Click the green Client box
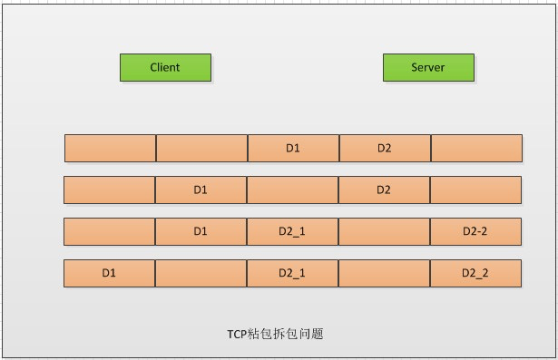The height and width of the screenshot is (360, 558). coord(165,67)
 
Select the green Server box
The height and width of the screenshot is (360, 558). coord(427,67)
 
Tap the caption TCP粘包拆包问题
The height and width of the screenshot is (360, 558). coord(275,334)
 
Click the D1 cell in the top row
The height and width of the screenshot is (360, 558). coord(293,148)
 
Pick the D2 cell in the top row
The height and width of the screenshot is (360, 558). coord(385,148)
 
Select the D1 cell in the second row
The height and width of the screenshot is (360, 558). coord(201,190)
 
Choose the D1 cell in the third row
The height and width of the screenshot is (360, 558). coord(201,231)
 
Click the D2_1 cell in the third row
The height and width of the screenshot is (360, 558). coord(293,231)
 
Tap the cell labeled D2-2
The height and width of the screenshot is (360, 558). coord(475,231)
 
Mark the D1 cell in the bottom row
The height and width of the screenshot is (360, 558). coord(110,273)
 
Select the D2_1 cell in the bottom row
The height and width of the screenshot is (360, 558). coord(293,273)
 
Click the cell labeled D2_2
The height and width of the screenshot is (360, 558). coord(475,273)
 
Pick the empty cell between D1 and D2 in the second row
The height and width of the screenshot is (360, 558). coord(293,190)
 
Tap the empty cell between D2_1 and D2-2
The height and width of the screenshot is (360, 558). coord(385,231)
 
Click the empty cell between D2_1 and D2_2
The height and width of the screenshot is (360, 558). coord(385,273)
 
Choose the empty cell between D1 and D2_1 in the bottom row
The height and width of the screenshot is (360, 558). coord(201,273)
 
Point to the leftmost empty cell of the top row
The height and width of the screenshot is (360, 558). coord(110,148)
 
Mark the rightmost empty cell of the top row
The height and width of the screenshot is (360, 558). coord(476,148)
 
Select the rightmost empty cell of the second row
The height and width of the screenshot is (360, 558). coord(475,190)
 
